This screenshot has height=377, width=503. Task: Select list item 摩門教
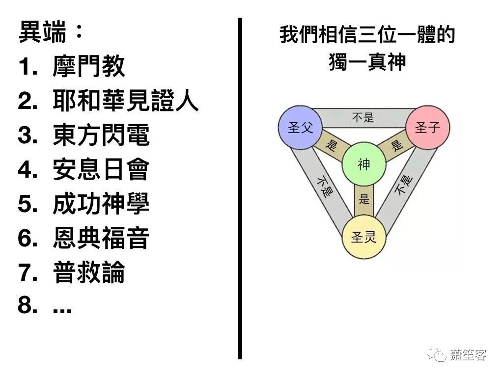[88, 66]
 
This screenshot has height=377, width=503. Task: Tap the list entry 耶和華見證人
[125, 101]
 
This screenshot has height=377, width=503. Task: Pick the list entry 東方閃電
[101, 135]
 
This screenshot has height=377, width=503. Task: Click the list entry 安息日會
[101, 169]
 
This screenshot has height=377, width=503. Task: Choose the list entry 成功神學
[101, 204]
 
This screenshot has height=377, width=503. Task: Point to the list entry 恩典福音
[101, 238]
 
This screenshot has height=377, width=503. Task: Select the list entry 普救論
[88, 272]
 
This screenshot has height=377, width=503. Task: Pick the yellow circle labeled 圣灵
[363, 239]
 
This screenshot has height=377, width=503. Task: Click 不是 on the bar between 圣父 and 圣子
[363, 117]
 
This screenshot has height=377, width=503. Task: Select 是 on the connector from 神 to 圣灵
[364, 199]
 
